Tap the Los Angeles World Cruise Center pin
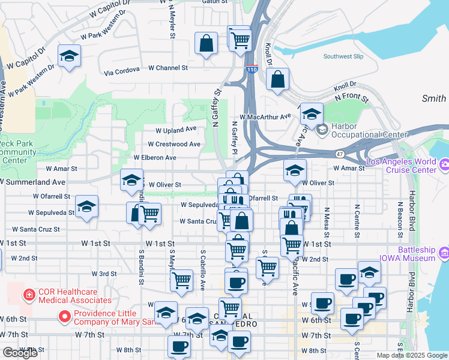[x=444, y=163]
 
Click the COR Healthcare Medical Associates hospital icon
[x=27, y=295]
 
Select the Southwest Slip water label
[x=343, y=56]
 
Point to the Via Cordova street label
[x=121, y=73]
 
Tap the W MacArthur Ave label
[x=265, y=116]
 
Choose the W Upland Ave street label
[x=176, y=129]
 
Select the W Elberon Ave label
[x=155, y=157]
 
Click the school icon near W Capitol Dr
[x=70, y=56]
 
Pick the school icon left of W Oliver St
[x=131, y=179]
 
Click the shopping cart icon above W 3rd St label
[x=181, y=278]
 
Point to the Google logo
[x=20, y=353]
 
